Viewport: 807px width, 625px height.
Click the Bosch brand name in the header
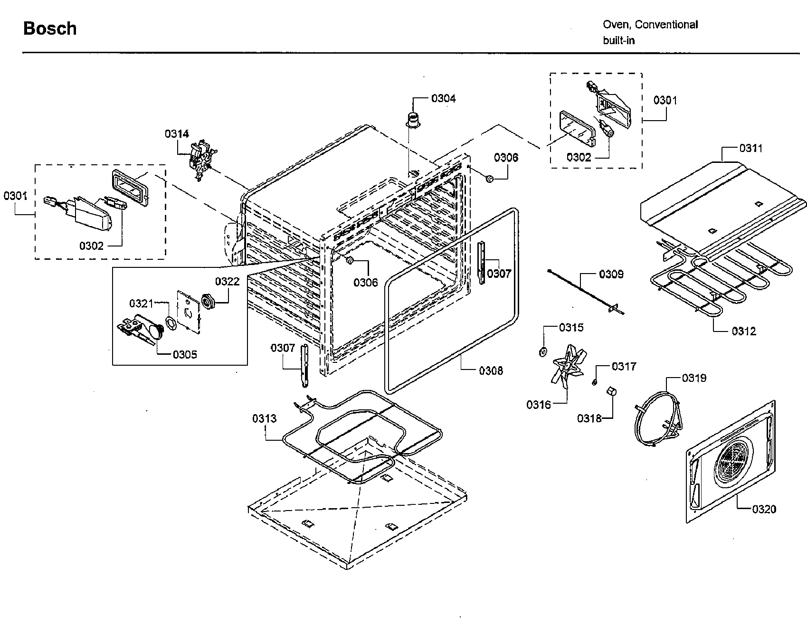50,28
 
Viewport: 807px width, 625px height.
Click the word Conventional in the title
666,25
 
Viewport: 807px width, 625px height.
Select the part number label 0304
443,98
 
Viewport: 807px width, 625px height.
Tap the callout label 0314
177,134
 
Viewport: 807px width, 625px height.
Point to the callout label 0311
750,148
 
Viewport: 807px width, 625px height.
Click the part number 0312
743,331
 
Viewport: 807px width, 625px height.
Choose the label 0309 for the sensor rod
611,274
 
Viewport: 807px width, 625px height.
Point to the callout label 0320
764,509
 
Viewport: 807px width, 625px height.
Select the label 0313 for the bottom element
264,418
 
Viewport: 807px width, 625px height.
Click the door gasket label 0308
491,370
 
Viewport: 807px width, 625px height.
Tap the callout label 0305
185,354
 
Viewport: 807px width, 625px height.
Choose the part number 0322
227,282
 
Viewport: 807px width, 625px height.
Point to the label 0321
142,303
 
